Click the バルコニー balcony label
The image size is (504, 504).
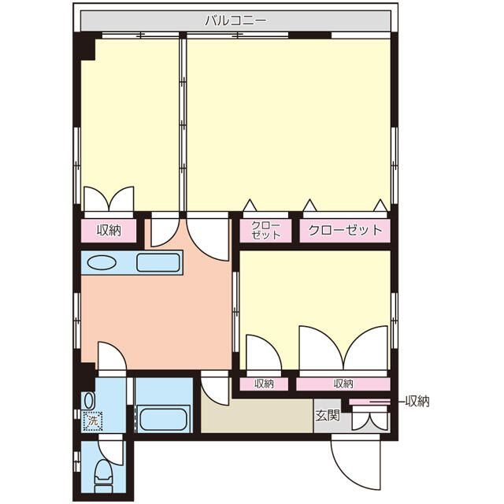pyautogui.click(x=235, y=21)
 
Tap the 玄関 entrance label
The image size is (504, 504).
pyautogui.click(x=328, y=415)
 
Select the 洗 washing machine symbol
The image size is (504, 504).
pyautogui.click(x=93, y=421)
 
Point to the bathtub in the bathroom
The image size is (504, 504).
pyautogui.click(x=164, y=418)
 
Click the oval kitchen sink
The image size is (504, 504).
pyautogui.click(x=102, y=262)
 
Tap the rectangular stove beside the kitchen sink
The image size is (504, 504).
pyautogui.click(x=158, y=262)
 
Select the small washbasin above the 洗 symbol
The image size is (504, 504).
pyautogui.click(x=89, y=401)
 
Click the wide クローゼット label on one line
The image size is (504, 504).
pyautogui.click(x=345, y=230)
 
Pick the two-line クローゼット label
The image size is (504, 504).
pyautogui.click(x=266, y=230)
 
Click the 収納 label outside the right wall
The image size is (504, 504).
pyautogui.click(x=417, y=401)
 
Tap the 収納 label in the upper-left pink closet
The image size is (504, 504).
pyautogui.click(x=109, y=230)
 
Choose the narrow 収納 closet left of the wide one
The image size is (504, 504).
pyautogui.click(x=264, y=384)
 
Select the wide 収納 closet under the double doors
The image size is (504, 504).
pyautogui.click(x=343, y=384)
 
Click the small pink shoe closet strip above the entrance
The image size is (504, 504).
pyautogui.click(x=369, y=402)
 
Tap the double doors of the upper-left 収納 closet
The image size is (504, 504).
pyautogui.click(x=109, y=199)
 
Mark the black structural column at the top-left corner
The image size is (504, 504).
pyautogui.click(x=84, y=46)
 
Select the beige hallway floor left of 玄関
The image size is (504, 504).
pyautogui.click(x=257, y=416)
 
